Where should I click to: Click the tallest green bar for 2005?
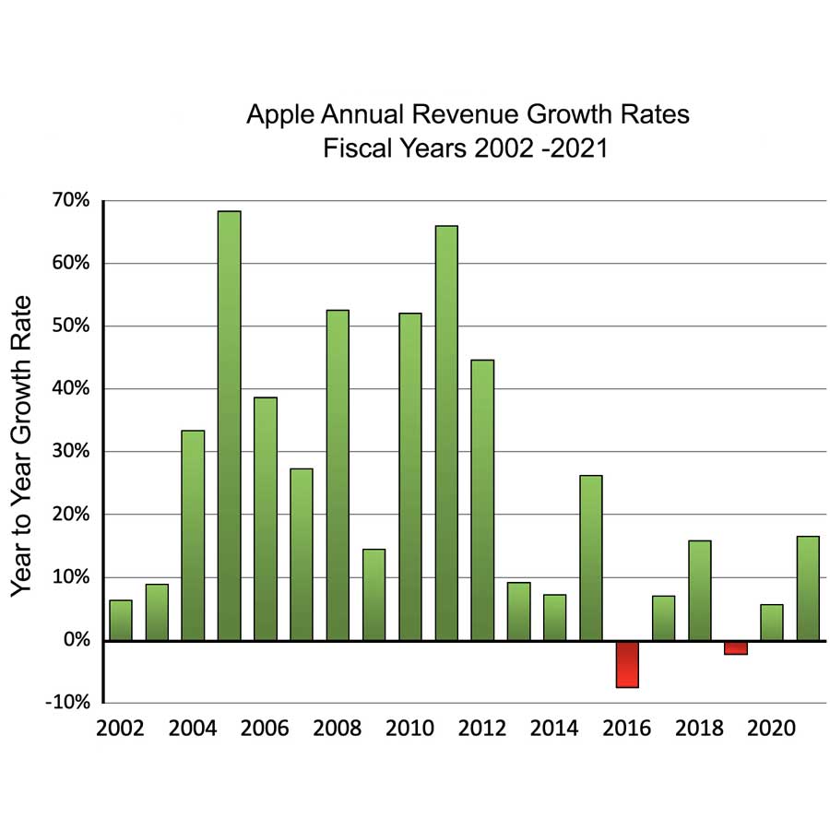pyautogui.click(x=230, y=425)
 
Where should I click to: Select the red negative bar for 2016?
pyautogui.click(x=627, y=664)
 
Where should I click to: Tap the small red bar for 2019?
pyautogui.click(x=736, y=647)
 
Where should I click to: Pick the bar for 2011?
pyautogui.click(x=446, y=433)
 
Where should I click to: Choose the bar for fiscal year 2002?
pyautogui.click(x=121, y=620)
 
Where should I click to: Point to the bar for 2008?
pyautogui.click(x=338, y=475)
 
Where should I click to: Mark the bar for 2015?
pyautogui.click(x=591, y=557)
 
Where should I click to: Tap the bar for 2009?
pyautogui.click(x=373, y=594)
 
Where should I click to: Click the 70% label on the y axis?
pyautogui.click(x=70, y=201)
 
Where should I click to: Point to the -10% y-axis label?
pyautogui.click(x=66, y=703)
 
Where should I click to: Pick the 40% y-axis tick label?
pyautogui.click(x=70, y=389)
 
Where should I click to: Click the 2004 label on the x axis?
pyautogui.click(x=193, y=729)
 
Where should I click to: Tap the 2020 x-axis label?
pyautogui.click(x=772, y=729)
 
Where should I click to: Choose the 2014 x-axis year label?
pyautogui.click(x=555, y=729)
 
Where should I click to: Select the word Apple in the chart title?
pyautogui.click(x=275, y=116)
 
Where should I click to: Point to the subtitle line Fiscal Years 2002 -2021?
pyautogui.click(x=466, y=148)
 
